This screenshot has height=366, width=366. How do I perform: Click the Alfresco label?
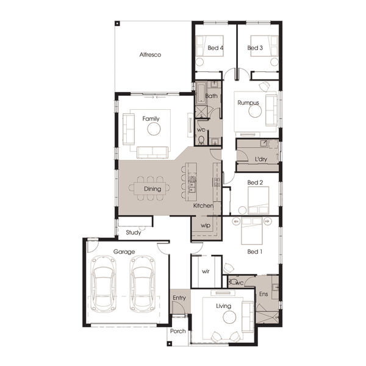click(x=150, y=55)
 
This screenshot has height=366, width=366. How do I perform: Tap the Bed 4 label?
click(x=215, y=48)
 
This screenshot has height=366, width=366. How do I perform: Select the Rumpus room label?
click(x=248, y=103)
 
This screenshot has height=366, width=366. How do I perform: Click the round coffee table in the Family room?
click(x=154, y=129)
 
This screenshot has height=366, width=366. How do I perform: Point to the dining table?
click(x=150, y=188)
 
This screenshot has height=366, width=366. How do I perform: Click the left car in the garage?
click(x=103, y=284)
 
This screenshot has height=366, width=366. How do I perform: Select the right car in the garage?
click(x=142, y=284)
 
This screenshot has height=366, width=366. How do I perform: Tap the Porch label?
click(x=178, y=331)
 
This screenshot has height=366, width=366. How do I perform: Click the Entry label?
click(x=179, y=298)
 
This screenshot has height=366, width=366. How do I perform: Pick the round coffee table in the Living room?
click(x=229, y=317)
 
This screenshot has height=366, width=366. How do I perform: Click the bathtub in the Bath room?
click(x=201, y=93)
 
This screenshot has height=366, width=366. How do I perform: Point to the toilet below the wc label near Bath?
click(x=201, y=140)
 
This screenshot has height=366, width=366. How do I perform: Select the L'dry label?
click(x=260, y=159)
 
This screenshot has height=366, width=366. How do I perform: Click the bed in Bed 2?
click(x=258, y=200)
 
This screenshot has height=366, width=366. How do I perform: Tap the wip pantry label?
click(x=206, y=226)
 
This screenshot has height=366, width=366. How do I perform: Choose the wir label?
click(x=206, y=271)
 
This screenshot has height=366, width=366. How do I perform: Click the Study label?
click(x=134, y=232)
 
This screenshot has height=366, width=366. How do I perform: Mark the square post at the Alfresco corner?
click(x=117, y=23)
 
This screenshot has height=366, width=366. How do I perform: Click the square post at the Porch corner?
click(x=170, y=343)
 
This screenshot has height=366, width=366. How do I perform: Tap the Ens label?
click(x=264, y=294)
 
